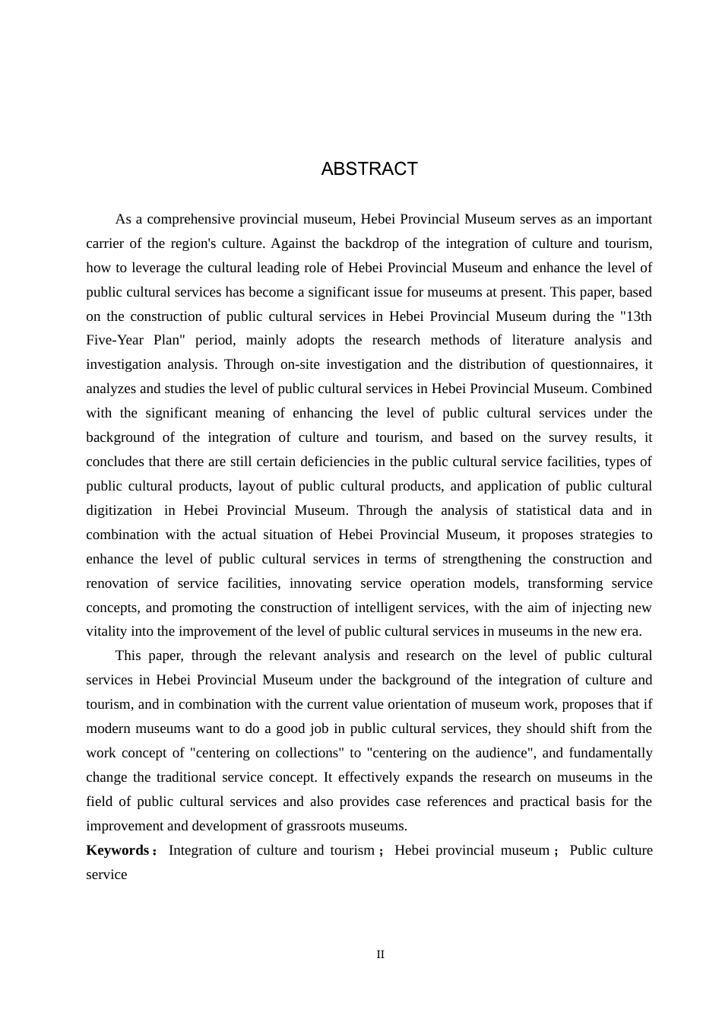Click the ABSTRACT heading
[x=369, y=169]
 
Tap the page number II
[x=381, y=954]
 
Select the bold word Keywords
[x=117, y=850]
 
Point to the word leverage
[x=148, y=268]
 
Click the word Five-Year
[x=115, y=340]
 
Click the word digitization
[x=119, y=510]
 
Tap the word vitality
[x=107, y=631]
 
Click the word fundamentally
[x=610, y=753]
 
